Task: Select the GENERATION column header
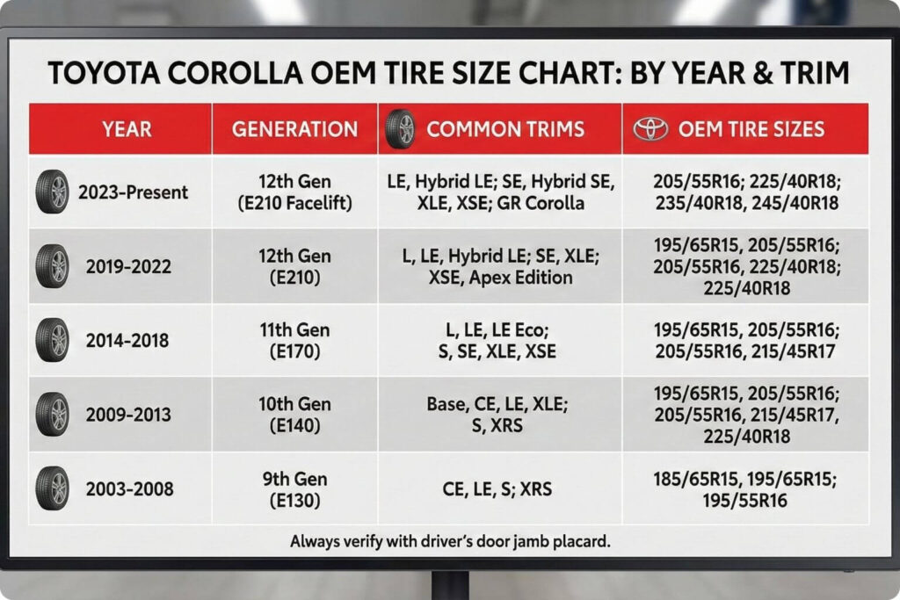coord(294,129)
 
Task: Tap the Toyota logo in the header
coord(651,129)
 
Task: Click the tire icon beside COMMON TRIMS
coord(399,129)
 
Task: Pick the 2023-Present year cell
coord(133,192)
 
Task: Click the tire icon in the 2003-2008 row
coord(52,489)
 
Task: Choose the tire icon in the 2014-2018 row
coord(52,340)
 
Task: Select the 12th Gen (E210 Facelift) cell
coord(294,192)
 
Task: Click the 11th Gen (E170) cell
coord(294,340)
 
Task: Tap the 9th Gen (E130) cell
coord(294,489)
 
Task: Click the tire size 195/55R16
coord(745,501)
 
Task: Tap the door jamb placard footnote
coord(449,542)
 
